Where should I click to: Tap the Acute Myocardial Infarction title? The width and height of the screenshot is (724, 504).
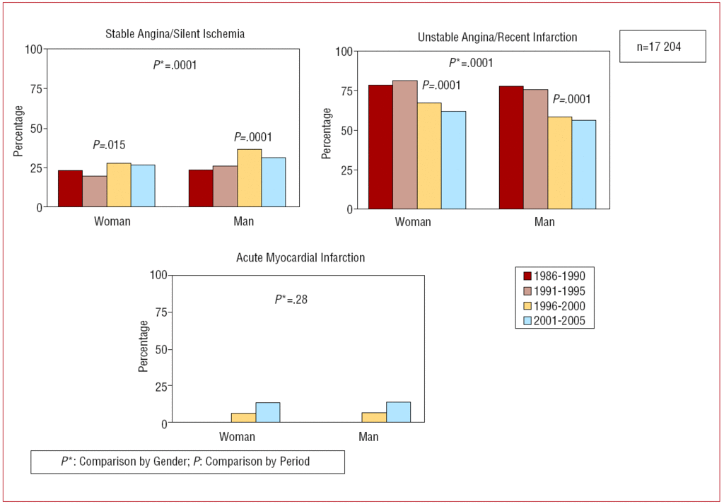(x=300, y=258)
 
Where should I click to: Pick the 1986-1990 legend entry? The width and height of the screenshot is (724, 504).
(x=556, y=276)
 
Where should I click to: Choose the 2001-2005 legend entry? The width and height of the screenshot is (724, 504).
(x=556, y=321)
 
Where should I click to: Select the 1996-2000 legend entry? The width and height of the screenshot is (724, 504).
(x=556, y=306)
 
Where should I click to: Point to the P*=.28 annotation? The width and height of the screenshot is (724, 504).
(x=291, y=299)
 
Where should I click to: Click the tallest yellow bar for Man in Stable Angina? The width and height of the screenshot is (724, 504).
(x=249, y=178)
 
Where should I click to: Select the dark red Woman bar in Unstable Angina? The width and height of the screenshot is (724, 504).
(x=380, y=147)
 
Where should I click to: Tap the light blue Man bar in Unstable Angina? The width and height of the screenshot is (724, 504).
(x=584, y=165)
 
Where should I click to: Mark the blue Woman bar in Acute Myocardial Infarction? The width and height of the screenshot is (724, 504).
(x=268, y=413)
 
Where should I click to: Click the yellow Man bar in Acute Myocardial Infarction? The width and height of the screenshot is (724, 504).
(x=374, y=418)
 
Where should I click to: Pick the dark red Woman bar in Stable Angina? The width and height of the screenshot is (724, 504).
(x=70, y=189)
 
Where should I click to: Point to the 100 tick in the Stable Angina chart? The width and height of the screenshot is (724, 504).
(x=33, y=49)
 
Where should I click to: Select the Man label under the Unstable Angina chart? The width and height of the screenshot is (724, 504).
(x=544, y=223)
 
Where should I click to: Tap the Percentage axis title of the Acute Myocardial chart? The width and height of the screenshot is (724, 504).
(x=144, y=346)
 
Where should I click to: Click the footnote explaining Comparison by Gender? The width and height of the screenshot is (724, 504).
(x=187, y=462)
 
